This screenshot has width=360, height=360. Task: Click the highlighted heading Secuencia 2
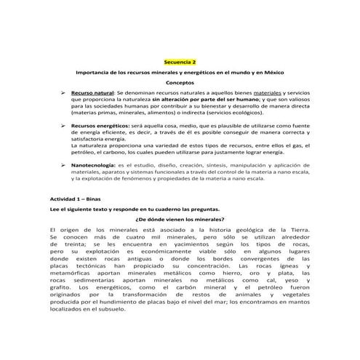coord(180,63)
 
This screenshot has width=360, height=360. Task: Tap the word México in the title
coord(271,73)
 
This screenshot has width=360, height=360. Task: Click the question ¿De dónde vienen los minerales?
coord(180,219)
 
